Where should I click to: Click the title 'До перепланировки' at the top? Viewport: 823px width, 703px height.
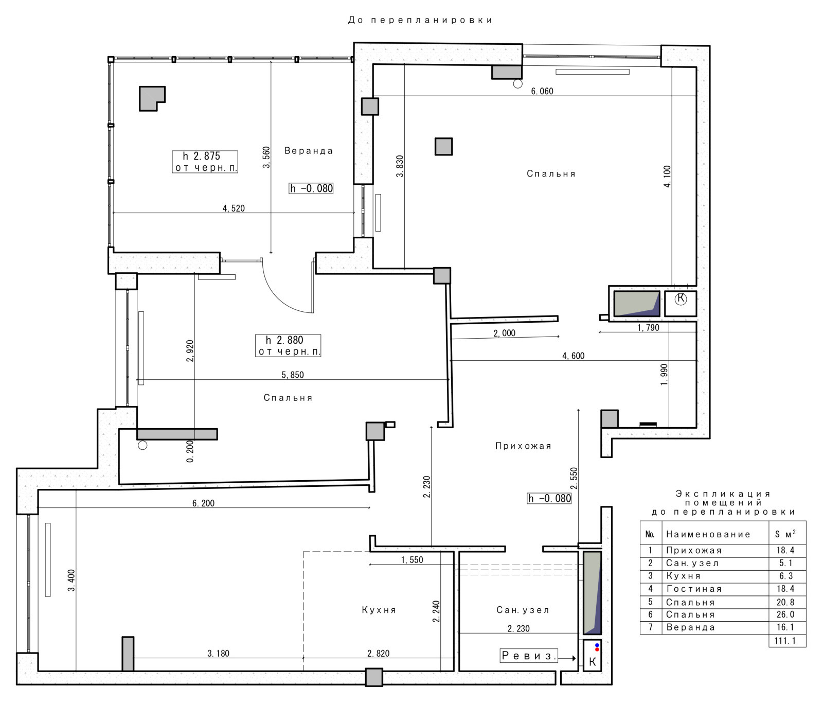point(420,20)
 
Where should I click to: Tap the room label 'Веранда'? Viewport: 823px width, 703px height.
point(309,151)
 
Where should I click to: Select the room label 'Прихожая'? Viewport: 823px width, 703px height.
point(523,446)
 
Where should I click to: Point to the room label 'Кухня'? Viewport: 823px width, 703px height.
point(379,610)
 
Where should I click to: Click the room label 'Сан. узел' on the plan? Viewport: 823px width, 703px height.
point(523,610)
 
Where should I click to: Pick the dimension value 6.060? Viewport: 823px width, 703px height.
point(542,91)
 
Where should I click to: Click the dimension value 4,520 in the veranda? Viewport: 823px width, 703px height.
point(234,208)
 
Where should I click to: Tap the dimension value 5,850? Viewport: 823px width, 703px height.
point(293,375)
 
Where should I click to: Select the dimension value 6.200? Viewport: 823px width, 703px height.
point(204,503)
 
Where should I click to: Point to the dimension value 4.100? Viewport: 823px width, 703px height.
point(667,177)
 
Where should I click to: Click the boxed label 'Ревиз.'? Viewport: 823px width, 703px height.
point(529,656)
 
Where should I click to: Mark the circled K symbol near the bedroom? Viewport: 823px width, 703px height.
point(681,299)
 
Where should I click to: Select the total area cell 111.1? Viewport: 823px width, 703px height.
point(787,641)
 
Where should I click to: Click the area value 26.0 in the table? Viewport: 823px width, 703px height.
point(785,614)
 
